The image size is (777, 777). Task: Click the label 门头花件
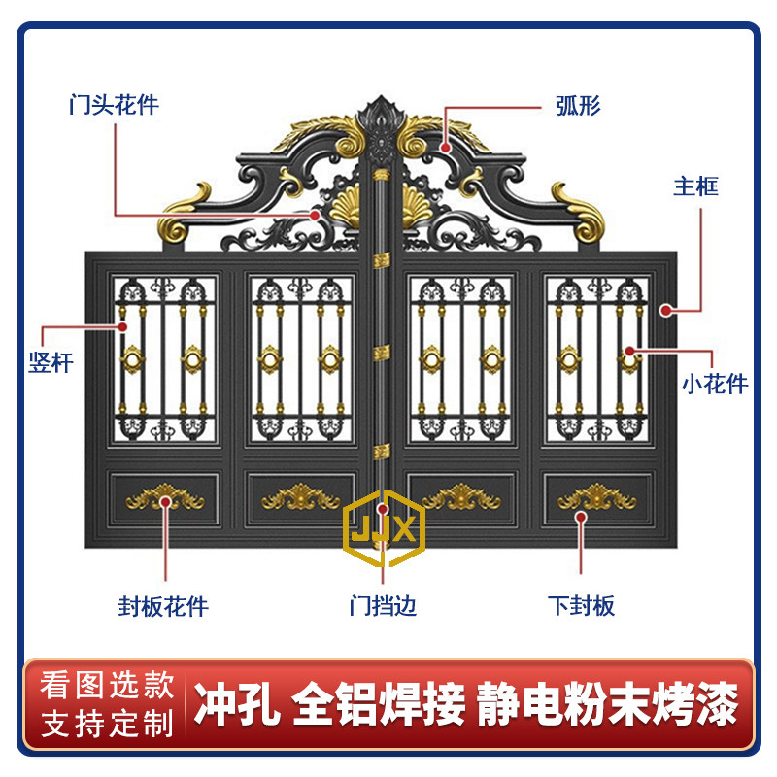[114, 105]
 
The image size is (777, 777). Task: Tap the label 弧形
[578, 105]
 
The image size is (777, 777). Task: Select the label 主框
[695, 186]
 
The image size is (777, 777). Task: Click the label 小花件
[714, 384]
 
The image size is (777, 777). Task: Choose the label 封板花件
[163, 607]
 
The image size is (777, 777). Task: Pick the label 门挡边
[384, 607]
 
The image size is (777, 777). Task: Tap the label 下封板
[581, 607]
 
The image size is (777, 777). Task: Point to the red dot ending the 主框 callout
[667, 310]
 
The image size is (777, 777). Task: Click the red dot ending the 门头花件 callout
[315, 214]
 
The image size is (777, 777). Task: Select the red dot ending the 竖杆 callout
[123, 326]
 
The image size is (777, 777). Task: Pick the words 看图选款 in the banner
[107, 687]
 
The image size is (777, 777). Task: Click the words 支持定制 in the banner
[107, 724]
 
